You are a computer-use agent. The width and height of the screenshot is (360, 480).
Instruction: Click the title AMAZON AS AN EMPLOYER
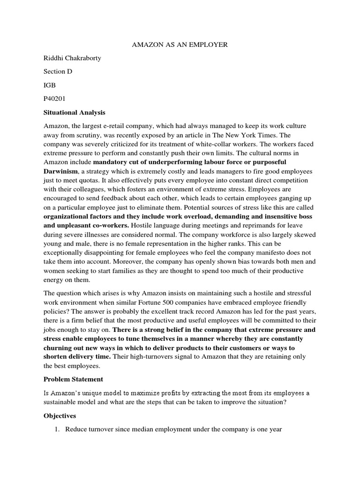180,45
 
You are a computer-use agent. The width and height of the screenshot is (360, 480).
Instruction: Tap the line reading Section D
58,72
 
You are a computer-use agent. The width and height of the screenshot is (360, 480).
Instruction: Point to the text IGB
50,85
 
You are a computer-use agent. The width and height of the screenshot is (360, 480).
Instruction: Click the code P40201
55,99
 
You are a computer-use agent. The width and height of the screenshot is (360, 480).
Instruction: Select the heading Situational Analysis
75,112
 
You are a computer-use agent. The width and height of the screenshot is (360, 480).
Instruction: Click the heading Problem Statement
73,379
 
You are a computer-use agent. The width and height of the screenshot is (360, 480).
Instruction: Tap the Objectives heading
60,415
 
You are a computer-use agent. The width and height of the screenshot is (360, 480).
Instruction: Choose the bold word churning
59,348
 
